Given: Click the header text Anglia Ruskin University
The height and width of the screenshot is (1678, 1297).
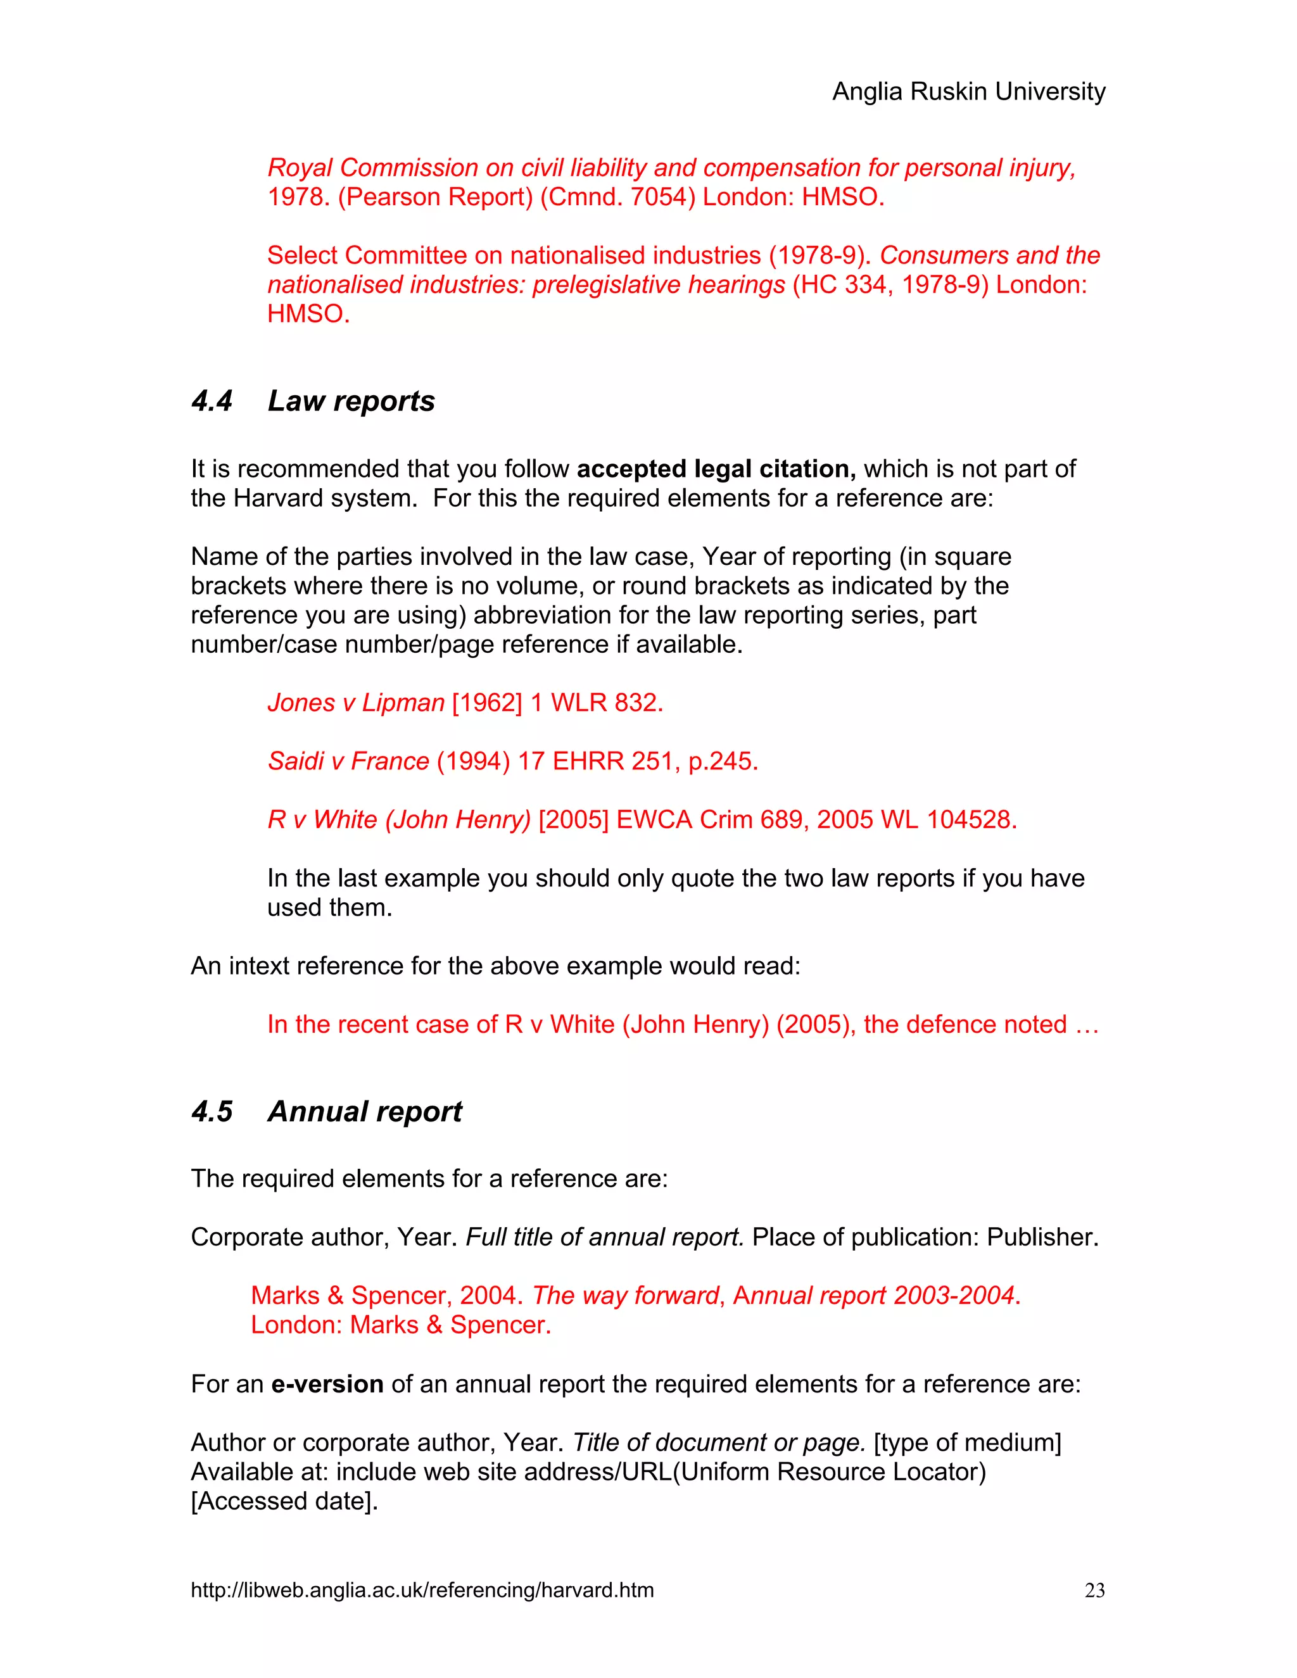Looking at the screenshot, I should click(x=968, y=91).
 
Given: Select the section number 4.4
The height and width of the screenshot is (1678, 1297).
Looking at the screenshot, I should click(x=212, y=401).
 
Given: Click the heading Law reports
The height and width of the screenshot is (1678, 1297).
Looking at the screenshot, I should click(x=351, y=401).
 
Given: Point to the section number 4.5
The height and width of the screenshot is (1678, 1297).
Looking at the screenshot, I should click(x=212, y=1112).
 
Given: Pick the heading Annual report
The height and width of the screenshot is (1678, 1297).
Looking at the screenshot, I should click(x=365, y=1112).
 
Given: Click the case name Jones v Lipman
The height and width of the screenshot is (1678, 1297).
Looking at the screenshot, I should click(x=356, y=702).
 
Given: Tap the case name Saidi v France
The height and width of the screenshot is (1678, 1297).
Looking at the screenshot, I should click(x=348, y=760).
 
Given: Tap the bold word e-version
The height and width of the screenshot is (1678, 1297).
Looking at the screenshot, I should click(x=327, y=1384).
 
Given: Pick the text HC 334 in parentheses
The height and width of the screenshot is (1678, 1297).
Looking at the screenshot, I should click(x=842, y=284).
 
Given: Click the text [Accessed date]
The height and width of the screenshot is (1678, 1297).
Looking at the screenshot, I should click(x=284, y=1501).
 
